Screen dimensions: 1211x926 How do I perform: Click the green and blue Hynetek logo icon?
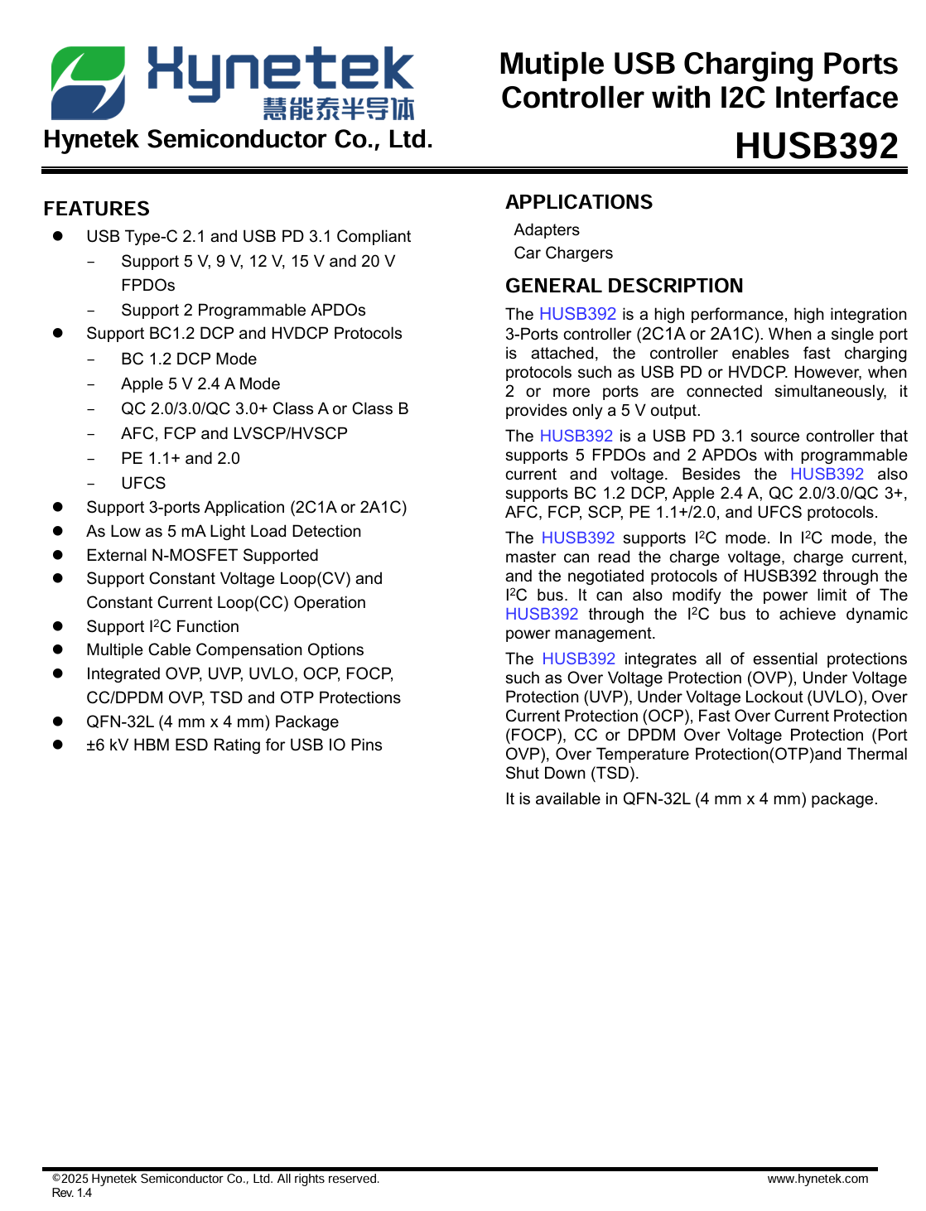89,82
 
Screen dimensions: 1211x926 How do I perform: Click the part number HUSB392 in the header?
816,146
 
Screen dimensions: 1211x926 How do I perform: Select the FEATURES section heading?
97,209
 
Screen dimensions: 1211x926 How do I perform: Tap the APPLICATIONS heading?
579,202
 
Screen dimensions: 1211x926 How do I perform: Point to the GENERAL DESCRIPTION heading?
624,286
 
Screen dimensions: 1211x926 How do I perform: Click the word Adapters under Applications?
547,229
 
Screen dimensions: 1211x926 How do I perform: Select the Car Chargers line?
563,253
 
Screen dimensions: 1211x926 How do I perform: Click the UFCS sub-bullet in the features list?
143,483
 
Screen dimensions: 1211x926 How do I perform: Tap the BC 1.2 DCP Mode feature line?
189,359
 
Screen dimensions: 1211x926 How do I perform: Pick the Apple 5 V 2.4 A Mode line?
200,384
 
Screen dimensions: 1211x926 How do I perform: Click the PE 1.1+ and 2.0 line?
181,458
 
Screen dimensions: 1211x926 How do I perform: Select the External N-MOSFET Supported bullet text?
202,555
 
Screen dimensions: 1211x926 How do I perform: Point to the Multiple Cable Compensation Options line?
225,649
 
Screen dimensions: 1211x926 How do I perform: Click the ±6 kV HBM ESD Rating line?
234,745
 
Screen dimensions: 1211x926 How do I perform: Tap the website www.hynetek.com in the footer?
817,1179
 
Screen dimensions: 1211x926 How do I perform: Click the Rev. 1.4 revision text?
72,1193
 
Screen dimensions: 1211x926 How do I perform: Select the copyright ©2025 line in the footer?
215,1179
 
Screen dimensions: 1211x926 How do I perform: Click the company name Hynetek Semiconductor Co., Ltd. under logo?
239,139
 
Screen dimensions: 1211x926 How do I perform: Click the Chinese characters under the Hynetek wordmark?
338,109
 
